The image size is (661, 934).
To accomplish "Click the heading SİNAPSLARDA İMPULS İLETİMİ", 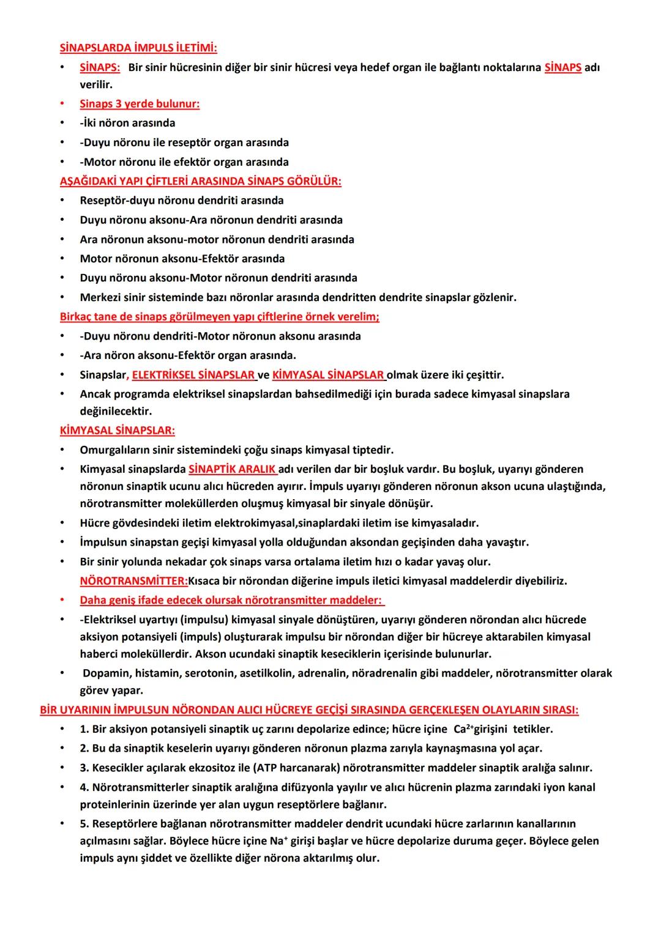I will (x=138, y=47).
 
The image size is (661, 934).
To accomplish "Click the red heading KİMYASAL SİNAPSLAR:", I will (x=118, y=430).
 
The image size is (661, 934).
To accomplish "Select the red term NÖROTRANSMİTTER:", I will (x=134, y=580).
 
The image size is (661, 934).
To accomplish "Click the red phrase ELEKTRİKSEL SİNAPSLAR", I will (x=193, y=374).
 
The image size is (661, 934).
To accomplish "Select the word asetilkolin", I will (x=267, y=673).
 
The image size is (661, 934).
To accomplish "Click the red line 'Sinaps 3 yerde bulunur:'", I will (x=140, y=103).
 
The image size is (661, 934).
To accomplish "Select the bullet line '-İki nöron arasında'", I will (x=127, y=123).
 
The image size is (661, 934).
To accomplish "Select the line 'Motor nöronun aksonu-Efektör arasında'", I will (x=182, y=259).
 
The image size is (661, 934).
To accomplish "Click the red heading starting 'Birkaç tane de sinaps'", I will (x=220, y=317).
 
